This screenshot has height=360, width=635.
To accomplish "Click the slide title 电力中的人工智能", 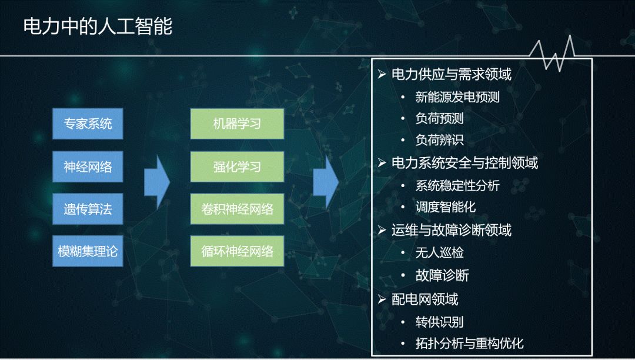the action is pyautogui.click(x=98, y=26).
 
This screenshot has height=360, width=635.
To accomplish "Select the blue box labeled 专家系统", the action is pyautogui.click(x=88, y=124).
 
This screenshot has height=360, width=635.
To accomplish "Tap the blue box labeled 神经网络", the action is pyautogui.click(x=88, y=166).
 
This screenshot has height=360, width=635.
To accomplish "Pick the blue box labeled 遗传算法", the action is pyautogui.click(x=88, y=209).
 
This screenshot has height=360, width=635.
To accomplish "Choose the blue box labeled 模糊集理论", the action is pyautogui.click(x=88, y=251).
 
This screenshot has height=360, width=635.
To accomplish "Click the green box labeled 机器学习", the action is pyautogui.click(x=237, y=124).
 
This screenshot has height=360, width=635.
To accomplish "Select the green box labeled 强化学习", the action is pyautogui.click(x=237, y=166).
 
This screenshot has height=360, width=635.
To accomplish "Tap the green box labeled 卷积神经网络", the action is pyautogui.click(x=237, y=209).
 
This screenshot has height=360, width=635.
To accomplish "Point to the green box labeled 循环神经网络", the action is pyautogui.click(x=237, y=251).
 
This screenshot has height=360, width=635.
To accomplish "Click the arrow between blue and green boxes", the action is pyautogui.click(x=157, y=182).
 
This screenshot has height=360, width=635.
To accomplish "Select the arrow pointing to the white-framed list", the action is pyautogui.click(x=326, y=182).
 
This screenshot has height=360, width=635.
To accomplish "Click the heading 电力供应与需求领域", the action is pyautogui.click(x=451, y=75).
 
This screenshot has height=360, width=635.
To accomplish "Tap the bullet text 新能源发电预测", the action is pyautogui.click(x=457, y=97).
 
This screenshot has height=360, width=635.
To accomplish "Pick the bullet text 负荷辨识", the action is pyautogui.click(x=439, y=140).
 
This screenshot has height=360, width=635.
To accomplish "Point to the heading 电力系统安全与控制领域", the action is pyautogui.click(x=464, y=163).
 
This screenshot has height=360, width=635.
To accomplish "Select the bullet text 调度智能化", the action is pyautogui.click(x=446, y=207).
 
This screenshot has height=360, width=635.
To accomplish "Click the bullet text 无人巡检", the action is pyautogui.click(x=439, y=253).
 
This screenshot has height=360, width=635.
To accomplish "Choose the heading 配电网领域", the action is pyautogui.click(x=425, y=299).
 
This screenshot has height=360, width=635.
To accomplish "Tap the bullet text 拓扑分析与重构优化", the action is pyautogui.click(x=469, y=344).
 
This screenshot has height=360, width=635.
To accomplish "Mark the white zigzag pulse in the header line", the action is pyautogui.click(x=552, y=54).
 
